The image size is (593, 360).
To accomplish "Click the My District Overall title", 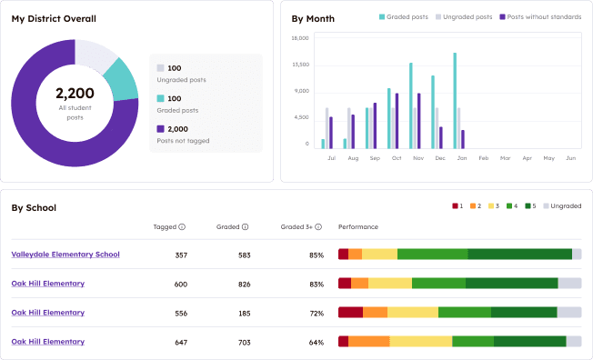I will tap(54, 18).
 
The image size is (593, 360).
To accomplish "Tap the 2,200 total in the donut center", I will tap(75, 93).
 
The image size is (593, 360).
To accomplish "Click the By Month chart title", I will tap(312, 18).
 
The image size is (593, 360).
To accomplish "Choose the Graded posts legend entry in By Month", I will tap(405, 17).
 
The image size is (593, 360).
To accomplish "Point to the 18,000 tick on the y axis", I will tap(299, 38).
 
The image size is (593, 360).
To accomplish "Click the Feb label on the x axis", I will tap(483, 158).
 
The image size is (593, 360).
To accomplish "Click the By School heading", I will tap(34, 207).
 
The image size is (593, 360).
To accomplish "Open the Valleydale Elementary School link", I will tap(65, 255).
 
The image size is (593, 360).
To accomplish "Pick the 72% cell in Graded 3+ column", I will tap(316, 314).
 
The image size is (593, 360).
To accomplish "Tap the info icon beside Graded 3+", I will tap(319, 227).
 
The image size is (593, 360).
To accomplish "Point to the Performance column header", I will tap(358, 227).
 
